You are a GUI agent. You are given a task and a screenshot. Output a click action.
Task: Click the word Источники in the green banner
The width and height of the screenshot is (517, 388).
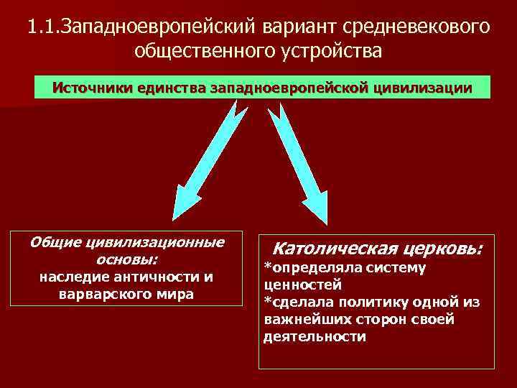(x=94, y=88)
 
